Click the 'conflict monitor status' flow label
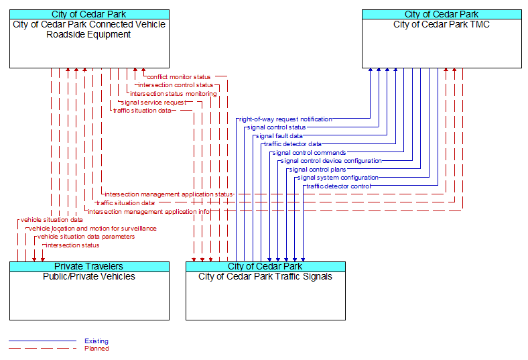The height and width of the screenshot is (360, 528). pos(178,77)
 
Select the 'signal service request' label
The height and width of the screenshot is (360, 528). pos(153,103)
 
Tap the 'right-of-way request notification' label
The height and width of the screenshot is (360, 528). pos(285,119)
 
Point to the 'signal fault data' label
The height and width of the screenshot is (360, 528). pos(279,136)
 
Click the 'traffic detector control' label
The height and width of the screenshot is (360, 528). pos(338,186)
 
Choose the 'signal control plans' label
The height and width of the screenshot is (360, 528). pos(318,170)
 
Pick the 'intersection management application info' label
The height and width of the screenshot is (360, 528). pos(149,211)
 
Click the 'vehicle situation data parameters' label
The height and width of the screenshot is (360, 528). pos(86,237)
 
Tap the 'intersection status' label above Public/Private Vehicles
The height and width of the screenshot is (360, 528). pos(73,245)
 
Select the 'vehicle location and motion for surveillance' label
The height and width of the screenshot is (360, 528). pos(92,229)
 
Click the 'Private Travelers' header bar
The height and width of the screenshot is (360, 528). pos(89,267)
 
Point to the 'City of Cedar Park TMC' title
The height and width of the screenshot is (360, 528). pos(442,24)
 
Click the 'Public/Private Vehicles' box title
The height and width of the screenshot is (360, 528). pos(89,276)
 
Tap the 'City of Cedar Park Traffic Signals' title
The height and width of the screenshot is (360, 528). pos(265,276)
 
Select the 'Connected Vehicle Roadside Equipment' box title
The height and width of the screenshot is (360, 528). pos(89,29)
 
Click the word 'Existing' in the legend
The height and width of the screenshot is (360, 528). pos(96,341)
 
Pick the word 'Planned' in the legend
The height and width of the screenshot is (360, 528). pos(96,349)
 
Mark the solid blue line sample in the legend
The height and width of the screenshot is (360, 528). pos(42,341)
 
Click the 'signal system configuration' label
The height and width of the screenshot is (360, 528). pos(338,178)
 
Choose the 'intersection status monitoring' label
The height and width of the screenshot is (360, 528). pos(174,94)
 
